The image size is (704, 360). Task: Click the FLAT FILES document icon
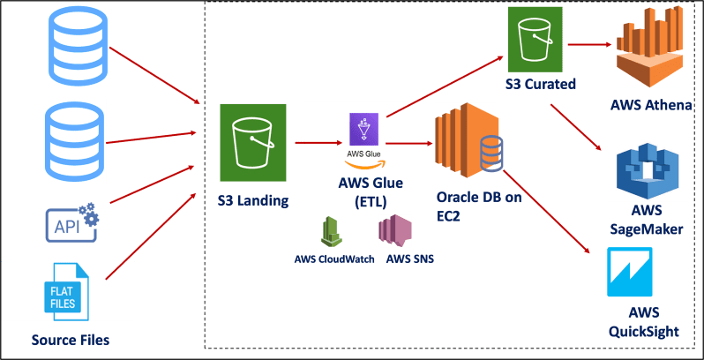tap(67, 292)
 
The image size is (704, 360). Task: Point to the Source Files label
tap(70, 339)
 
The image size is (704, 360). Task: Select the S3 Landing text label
tap(252, 200)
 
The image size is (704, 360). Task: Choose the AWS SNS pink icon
tap(394, 230)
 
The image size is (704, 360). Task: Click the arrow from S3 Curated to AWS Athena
tap(590, 43)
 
